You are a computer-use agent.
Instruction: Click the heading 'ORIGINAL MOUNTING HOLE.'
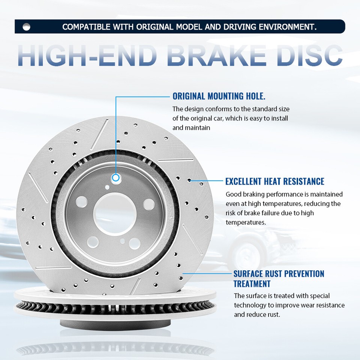tap(219, 96)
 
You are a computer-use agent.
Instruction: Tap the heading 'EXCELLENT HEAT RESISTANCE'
tap(274, 181)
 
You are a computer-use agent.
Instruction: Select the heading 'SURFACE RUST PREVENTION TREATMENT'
tap(279, 279)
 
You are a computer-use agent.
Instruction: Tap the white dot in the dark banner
tap(26, 27)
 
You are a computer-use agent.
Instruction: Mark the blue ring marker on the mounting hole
tap(116, 177)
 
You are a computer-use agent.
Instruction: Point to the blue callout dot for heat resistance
tap(190, 180)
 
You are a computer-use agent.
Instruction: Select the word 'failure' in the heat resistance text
tap(271, 213)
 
